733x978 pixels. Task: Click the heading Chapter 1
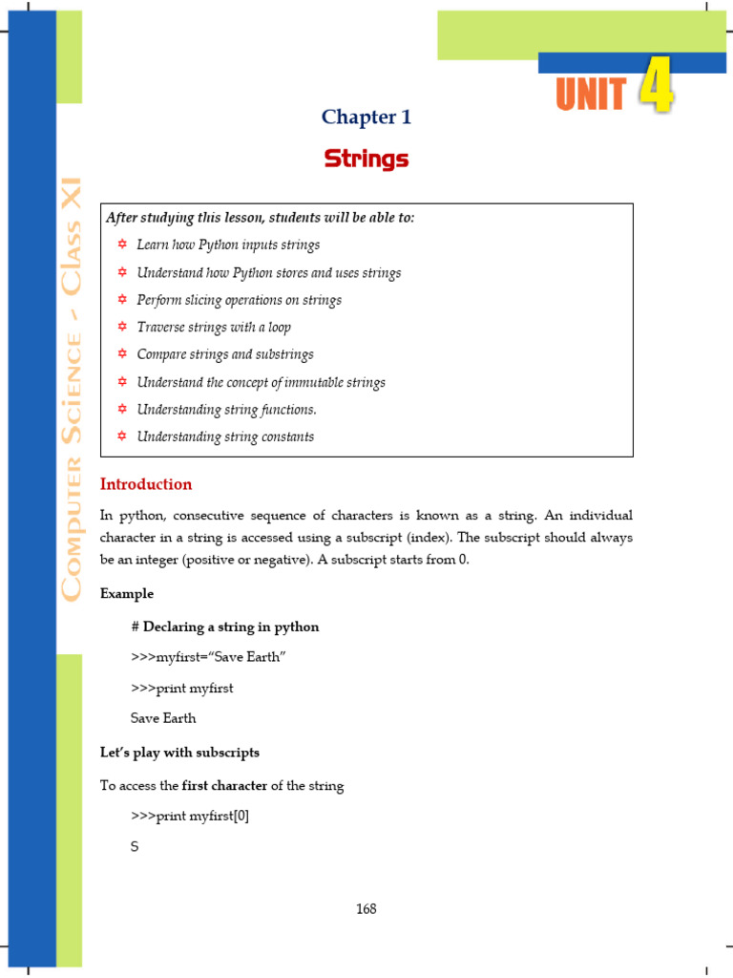point(366,117)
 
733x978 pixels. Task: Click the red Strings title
point(366,159)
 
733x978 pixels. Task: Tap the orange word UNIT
point(591,96)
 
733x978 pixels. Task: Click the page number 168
point(366,909)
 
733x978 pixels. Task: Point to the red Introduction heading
point(146,484)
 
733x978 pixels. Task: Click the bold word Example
point(127,594)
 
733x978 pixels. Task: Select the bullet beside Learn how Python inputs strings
point(122,245)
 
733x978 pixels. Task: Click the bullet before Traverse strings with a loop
point(122,328)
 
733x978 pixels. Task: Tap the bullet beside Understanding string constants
point(122,436)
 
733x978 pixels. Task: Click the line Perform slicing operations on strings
point(239,300)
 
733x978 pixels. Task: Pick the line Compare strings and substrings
point(225,354)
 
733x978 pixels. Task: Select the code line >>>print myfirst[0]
point(190,817)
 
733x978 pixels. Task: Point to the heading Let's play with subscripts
point(179,753)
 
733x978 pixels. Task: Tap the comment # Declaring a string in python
point(225,627)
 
